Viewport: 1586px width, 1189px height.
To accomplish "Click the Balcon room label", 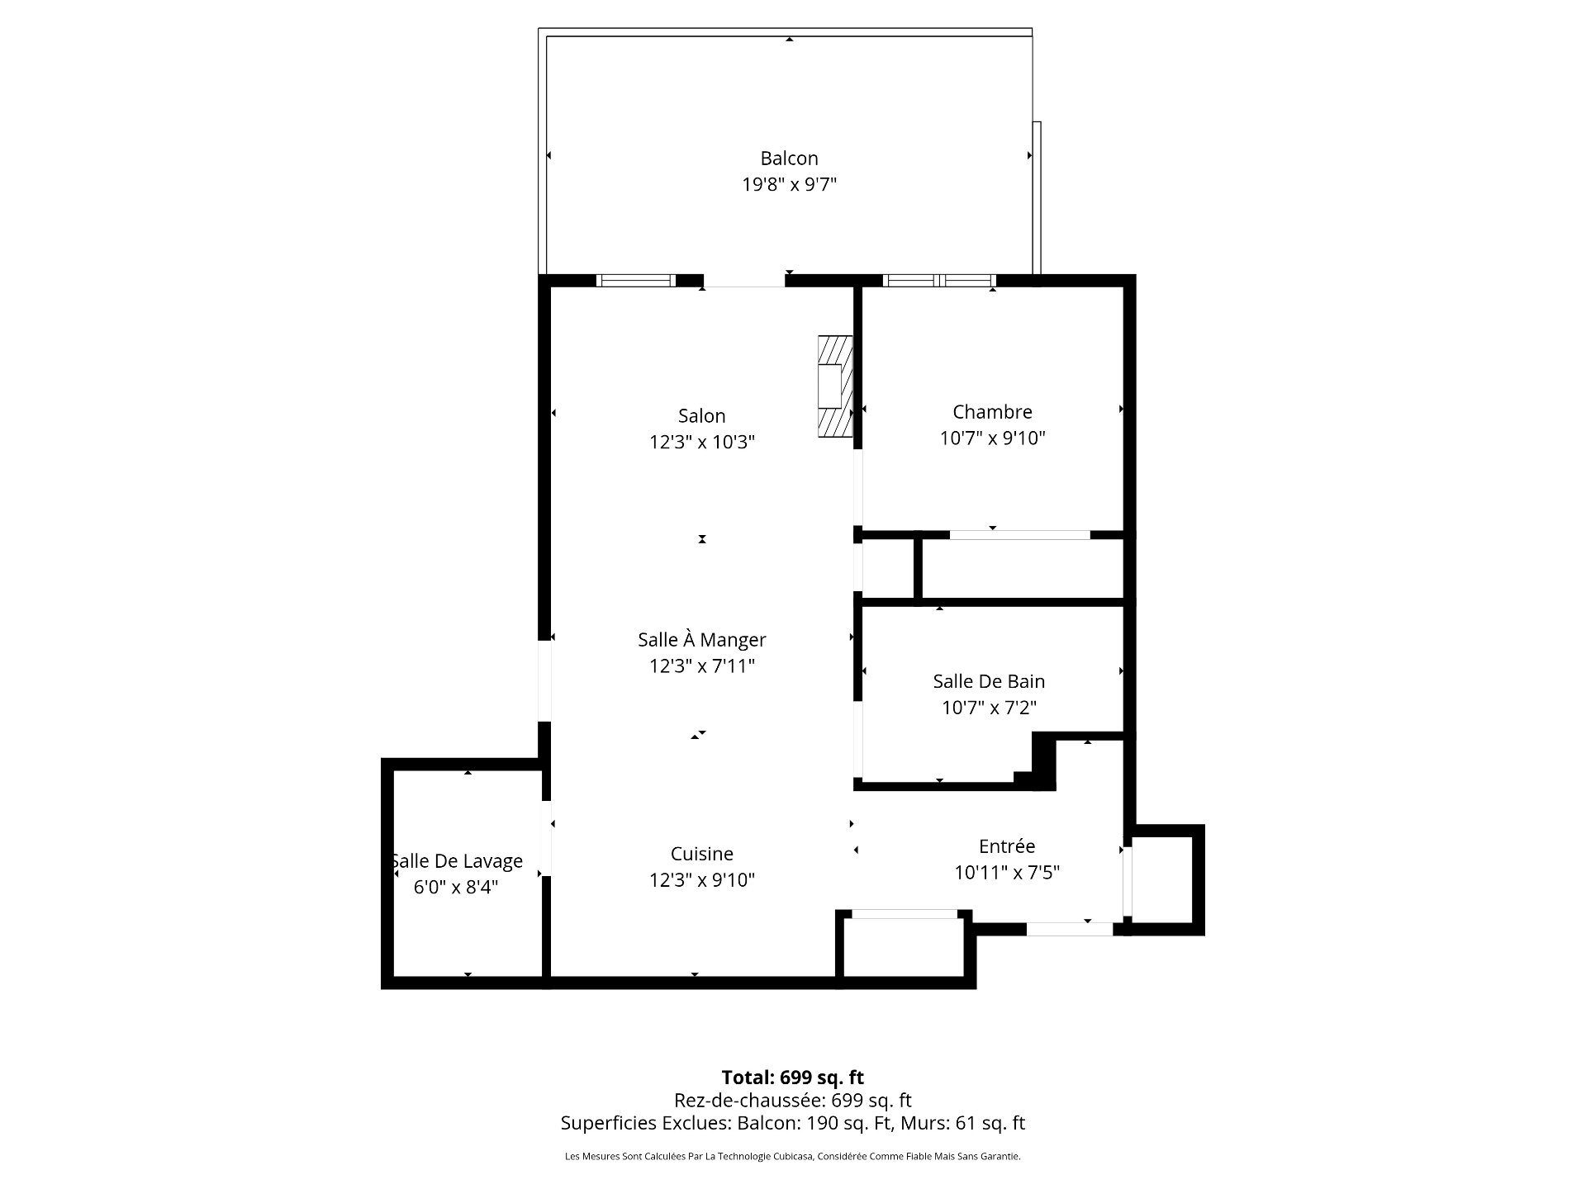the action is pyautogui.click(x=789, y=159).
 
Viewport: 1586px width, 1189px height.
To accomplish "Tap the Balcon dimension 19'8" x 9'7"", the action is pyautogui.click(x=789, y=184).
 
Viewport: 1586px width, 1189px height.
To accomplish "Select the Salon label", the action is pyautogui.click(x=701, y=416).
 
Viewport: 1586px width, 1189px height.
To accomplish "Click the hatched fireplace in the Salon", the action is pyautogui.click(x=835, y=386).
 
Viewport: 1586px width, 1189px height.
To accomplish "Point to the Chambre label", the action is pyautogui.click(x=992, y=412).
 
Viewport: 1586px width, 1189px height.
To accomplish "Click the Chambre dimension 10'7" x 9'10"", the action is pyautogui.click(x=992, y=438).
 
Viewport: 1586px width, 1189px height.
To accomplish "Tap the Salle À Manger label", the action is pyautogui.click(x=701, y=638).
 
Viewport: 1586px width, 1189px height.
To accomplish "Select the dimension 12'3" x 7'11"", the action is pyautogui.click(x=701, y=666).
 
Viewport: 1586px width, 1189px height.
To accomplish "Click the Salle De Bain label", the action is pyautogui.click(x=989, y=681).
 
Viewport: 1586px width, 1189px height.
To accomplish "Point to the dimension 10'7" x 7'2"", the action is pyautogui.click(x=989, y=708).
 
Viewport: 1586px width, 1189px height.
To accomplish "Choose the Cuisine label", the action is pyautogui.click(x=701, y=854).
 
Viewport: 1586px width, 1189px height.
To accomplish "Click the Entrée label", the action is pyautogui.click(x=1006, y=846).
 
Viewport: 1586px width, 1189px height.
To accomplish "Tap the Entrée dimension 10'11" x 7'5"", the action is pyautogui.click(x=1006, y=872).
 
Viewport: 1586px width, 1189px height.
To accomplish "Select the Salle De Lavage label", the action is pyautogui.click(x=456, y=861).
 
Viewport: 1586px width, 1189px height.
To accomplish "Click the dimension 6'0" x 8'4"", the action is pyautogui.click(x=456, y=888).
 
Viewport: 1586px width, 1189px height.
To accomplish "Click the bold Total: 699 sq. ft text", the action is pyautogui.click(x=792, y=1078).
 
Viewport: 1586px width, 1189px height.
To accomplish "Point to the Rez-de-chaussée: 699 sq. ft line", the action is pyautogui.click(x=792, y=1100).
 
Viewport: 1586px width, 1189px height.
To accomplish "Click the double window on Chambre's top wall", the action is pyautogui.click(x=939, y=281).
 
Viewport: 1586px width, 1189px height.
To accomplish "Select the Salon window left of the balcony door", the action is pyautogui.click(x=636, y=281).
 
